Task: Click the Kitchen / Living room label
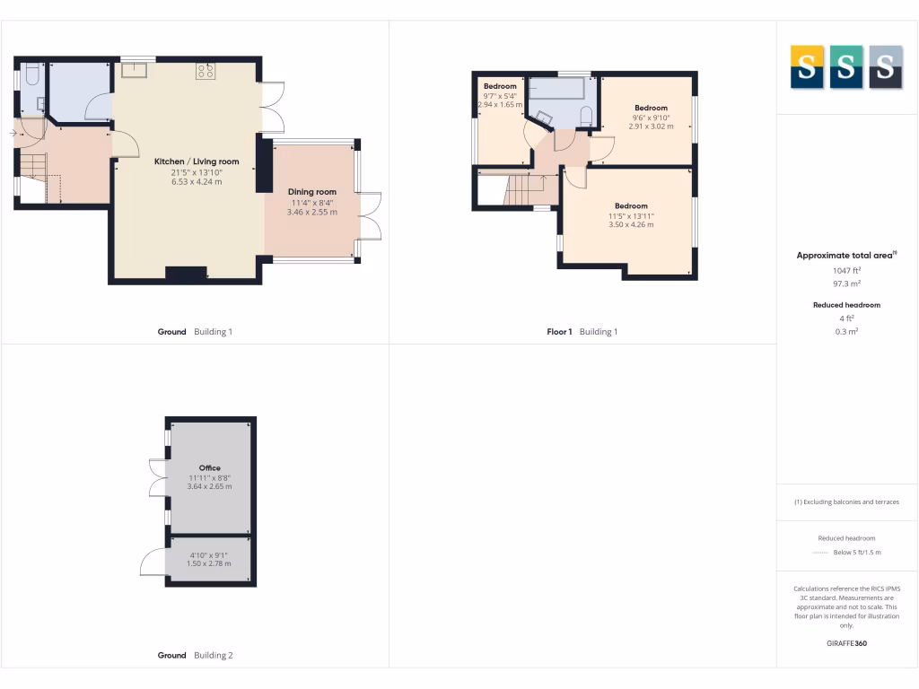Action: coord(197,161)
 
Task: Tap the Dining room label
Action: coord(312,192)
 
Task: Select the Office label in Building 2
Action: coord(210,468)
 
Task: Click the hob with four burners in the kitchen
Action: coord(206,71)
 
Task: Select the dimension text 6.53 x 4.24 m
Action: coord(197,182)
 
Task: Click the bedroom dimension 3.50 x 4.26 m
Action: coord(631,225)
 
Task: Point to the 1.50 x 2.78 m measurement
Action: coord(209,563)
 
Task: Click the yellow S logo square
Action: coord(807,67)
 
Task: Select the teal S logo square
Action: coord(846,67)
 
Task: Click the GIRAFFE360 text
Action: coord(846,643)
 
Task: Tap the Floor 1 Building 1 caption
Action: coord(582,332)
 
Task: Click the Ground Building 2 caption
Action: coord(195,656)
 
